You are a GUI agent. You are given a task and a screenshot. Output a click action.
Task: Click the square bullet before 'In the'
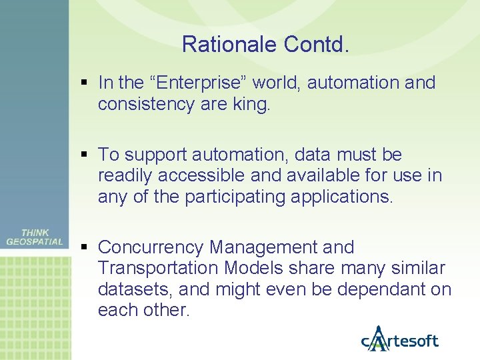click(x=83, y=83)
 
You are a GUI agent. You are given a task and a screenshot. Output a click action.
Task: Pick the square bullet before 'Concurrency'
click(x=83, y=248)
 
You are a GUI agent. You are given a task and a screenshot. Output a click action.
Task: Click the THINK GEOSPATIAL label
click(x=35, y=237)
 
